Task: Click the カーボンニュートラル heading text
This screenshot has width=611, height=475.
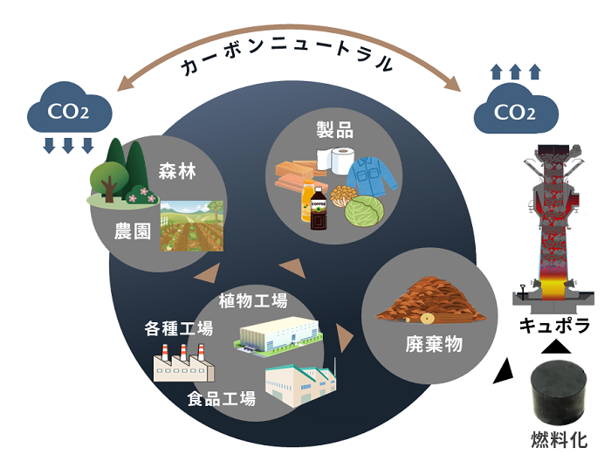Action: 286,64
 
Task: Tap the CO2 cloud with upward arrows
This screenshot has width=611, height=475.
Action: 515,111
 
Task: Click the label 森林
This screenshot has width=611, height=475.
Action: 177,172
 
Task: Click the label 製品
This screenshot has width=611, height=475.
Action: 334,131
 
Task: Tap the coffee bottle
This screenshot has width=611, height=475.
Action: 319,208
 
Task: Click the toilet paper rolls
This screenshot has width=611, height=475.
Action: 337,160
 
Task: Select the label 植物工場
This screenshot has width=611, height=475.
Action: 254,302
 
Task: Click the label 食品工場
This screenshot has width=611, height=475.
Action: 221,399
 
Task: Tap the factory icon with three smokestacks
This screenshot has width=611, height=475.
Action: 180,361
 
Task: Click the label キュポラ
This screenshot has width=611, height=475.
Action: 555,326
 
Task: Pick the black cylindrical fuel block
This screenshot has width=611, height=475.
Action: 559,393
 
